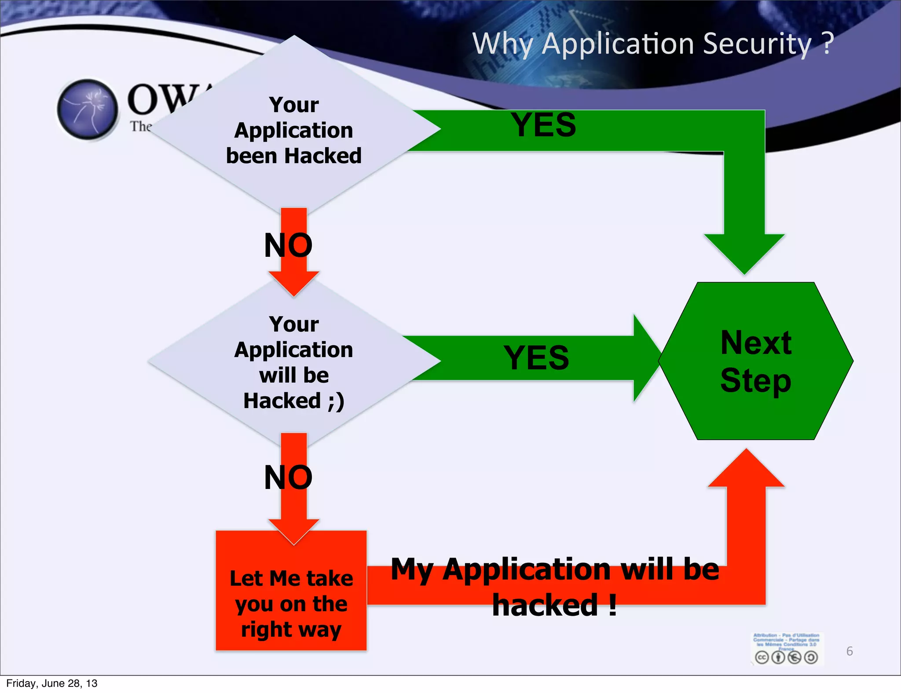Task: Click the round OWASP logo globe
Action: [x=88, y=109]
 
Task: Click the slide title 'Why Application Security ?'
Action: [x=653, y=44]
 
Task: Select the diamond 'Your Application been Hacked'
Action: [x=294, y=130]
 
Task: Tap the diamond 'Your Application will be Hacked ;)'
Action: [x=294, y=362]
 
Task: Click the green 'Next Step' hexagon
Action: [x=756, y=361]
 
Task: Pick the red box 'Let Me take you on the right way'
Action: [x=291, y=603]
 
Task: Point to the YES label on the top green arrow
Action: [x=543, y=125]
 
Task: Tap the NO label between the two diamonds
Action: [x=288, y=245]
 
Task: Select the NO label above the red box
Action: [x=288, y=478]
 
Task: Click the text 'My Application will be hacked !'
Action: [x=555, y=587]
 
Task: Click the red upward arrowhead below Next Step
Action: [x=746, y=470]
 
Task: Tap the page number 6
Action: [x=850, y=651]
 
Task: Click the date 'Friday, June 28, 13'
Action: [x=52, y=683]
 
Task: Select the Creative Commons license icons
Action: [x=786, y=657]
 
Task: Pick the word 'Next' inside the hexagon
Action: [x=756, y=343]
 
